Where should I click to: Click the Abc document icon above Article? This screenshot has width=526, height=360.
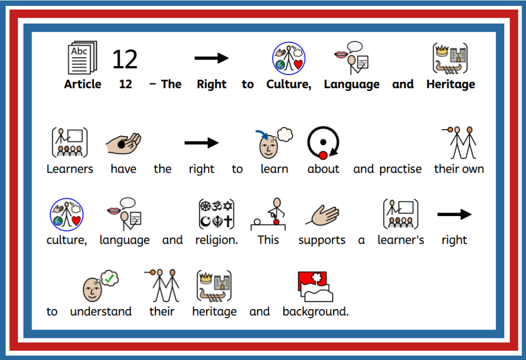point(82,57)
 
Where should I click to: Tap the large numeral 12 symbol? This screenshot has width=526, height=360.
point(125,59)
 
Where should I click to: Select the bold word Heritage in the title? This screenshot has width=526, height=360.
point(451,84)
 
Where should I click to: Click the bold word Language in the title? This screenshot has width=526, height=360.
point(351,84)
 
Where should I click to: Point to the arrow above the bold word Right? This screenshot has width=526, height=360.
point(211,58)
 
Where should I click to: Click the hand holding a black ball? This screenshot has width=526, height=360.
point(123,144)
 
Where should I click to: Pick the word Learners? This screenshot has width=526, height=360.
point(70,169)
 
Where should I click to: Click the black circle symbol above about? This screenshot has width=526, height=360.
point(323,143)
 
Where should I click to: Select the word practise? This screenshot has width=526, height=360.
point(400,169)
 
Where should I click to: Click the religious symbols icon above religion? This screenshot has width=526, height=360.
point(216,214)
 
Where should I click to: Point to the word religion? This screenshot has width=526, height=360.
point(216,240)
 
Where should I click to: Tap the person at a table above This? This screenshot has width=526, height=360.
point(268,214)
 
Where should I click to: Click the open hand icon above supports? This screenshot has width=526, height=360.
point(322,215)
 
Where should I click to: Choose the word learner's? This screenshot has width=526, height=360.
point(400,240)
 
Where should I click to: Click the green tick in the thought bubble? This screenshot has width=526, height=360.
point(109,278)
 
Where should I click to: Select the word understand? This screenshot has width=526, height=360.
point(101,311)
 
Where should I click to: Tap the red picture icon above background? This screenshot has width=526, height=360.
point(316,287)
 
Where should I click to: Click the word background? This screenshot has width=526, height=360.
point(316,312)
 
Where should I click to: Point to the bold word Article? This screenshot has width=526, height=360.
point(82,84)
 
